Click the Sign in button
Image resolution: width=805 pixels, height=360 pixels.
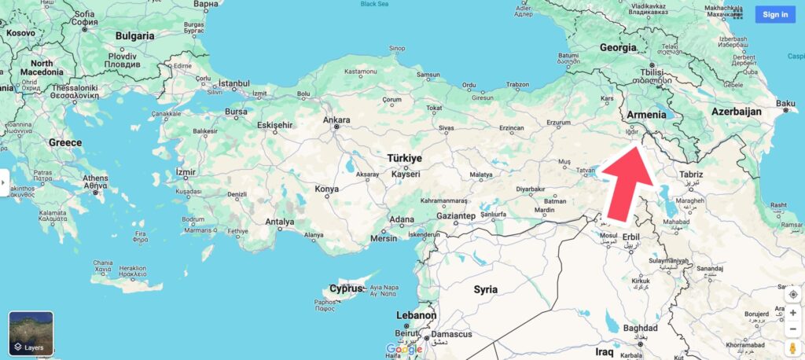coord(775,14)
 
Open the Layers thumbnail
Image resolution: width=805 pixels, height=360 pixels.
coord(31,333)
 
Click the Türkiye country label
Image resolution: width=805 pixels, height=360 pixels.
coord(404,158)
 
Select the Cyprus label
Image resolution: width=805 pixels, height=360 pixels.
coord(347,288)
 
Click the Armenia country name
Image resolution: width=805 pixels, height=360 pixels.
coord(647,115)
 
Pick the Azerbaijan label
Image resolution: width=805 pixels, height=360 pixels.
coord(737,112)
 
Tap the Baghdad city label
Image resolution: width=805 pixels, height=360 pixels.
coord(639,328)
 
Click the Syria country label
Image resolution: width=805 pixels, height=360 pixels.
coord(486,289)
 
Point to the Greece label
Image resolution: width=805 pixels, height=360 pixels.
coord(65,142)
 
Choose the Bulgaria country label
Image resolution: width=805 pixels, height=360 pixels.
coord(135,35)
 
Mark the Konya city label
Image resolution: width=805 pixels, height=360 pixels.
coord(326,189)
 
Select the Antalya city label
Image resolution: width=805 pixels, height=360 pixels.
coord(280,222)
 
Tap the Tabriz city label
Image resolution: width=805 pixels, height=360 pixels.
coord(691,174)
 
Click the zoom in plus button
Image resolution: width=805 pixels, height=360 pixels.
coord(792,313)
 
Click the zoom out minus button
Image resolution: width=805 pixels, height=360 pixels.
coord(792,329)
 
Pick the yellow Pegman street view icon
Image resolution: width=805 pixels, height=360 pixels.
coord(792,348)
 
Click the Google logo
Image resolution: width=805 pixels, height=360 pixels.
coord(404,348)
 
